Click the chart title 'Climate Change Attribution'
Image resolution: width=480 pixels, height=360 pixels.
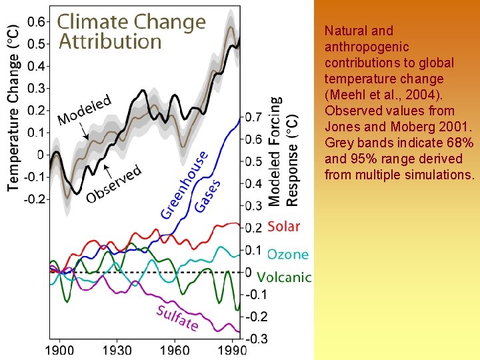point(131,31)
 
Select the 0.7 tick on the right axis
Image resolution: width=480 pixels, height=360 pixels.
point(253,117)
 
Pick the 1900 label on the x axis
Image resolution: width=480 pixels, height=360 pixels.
point(59,349)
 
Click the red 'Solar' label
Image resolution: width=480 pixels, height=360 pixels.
point(283,227)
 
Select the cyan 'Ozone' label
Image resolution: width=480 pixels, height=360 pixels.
point(287,254)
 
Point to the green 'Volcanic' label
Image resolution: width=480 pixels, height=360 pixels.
point(284,277)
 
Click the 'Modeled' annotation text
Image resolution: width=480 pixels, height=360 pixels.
point(85,111)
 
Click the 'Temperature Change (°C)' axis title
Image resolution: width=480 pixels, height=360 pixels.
point(13,110)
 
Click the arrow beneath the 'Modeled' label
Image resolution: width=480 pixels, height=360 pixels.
point(84,133)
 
